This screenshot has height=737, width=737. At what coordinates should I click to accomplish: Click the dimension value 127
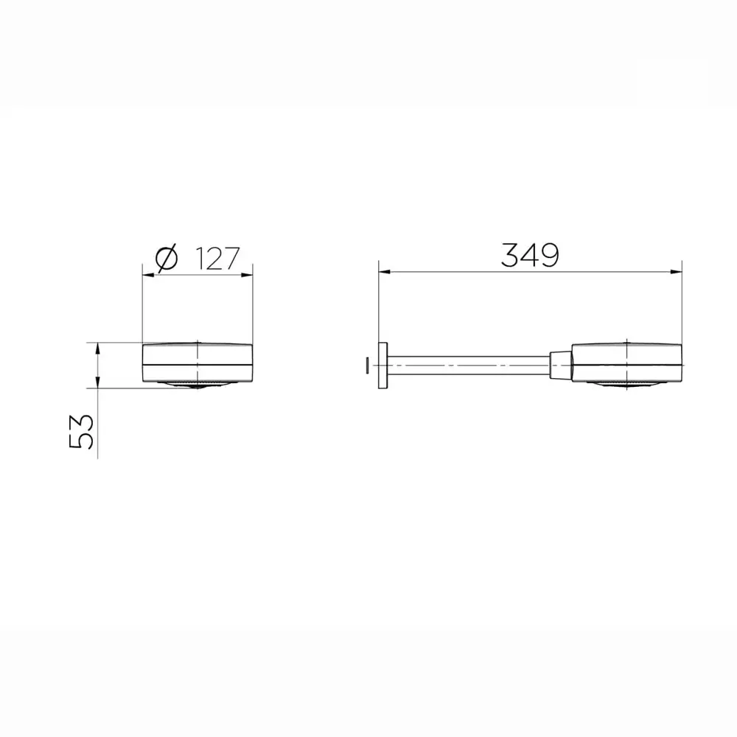coord(217,259)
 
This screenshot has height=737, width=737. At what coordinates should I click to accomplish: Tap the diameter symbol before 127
coord(167,258)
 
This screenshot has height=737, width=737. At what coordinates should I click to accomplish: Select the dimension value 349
coord(530,255)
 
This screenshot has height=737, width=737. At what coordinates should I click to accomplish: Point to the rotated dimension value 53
coord(81,431)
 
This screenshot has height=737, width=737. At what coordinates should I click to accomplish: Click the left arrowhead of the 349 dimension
coord(385,272)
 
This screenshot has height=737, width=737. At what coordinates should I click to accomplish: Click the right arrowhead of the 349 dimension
coord(676,272)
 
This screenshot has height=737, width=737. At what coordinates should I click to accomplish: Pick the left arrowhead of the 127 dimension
coord(148,275)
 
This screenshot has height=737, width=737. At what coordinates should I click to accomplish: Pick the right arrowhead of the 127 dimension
coord(247,275)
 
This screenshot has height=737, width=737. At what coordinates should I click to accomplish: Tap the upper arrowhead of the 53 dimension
coord(97,349)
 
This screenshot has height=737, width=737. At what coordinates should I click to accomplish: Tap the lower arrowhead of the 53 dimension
coord(97,382)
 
